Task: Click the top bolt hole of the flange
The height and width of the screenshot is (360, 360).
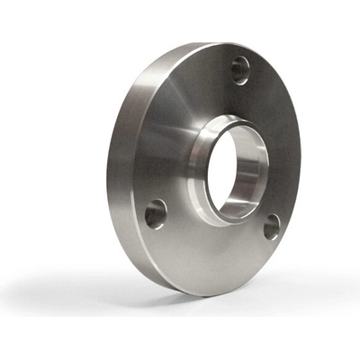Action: pos(240,69)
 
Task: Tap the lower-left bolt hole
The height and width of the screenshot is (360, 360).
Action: pos(156,213)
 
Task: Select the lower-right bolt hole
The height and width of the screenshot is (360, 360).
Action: pos(272,227)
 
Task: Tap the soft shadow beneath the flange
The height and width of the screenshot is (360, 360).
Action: pos(135,301)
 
